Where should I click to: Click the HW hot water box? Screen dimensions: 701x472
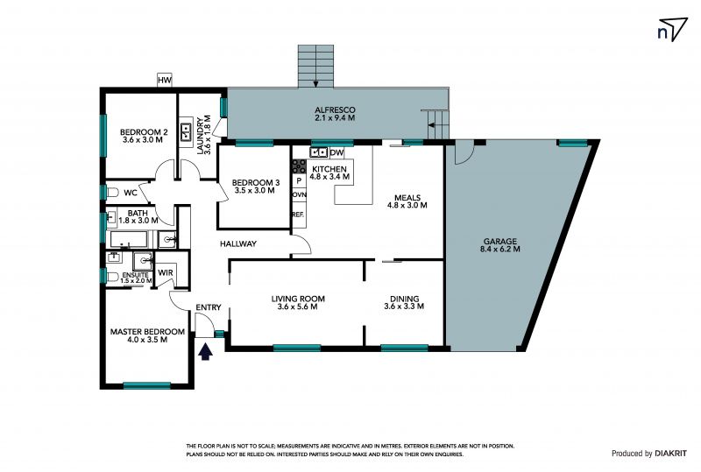[165, 81]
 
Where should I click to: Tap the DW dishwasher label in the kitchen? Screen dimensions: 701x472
[337, 153]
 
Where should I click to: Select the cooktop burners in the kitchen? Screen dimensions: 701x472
[299, 166]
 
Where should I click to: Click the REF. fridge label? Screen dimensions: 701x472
[298, 215]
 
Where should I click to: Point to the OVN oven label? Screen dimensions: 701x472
[299, 195]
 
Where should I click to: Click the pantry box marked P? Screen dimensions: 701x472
[299, 181]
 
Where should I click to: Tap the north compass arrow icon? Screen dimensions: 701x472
[672, 30]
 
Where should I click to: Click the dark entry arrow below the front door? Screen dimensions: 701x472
[205, 351]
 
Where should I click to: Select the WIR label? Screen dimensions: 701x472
[166, 272]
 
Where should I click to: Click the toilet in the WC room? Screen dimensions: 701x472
[112, 193]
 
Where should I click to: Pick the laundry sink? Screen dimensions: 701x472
[186, 132]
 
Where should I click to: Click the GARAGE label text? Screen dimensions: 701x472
[499, 242]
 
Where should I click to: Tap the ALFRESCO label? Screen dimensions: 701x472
[335, 110]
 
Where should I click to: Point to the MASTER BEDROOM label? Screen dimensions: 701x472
[147, 332]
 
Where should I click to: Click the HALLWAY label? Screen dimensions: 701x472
[238, 243]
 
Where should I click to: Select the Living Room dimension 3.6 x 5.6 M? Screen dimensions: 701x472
[298, 306]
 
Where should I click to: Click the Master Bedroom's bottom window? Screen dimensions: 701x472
[147, 384]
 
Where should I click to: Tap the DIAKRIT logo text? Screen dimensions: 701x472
[671, 454]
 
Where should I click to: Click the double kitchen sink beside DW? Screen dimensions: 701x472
[319, 153]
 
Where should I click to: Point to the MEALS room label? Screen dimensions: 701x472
[407, 198]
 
